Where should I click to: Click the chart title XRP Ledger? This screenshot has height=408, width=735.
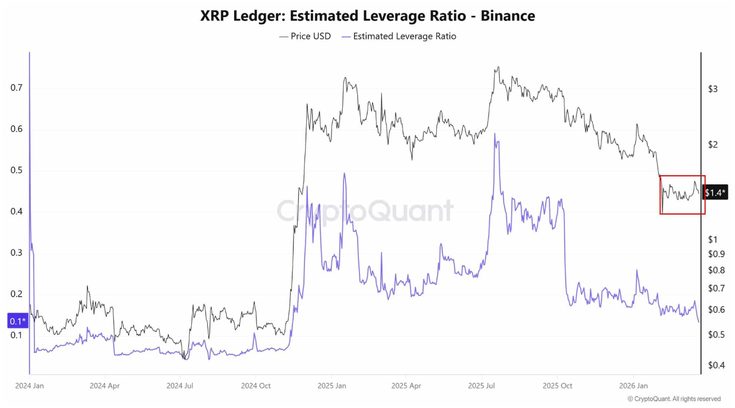(x=367, y=16)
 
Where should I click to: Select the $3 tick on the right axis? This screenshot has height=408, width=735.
(x=713, y=89)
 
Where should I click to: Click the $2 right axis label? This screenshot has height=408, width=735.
(x=713, y=145)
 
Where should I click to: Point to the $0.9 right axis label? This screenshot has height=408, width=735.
(x=717, y=254)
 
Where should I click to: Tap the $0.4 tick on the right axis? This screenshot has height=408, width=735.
(x=717, y=366)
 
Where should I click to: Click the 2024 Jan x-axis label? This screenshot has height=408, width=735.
(x=29, y=386)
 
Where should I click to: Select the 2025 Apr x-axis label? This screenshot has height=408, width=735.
(x=406, y=386)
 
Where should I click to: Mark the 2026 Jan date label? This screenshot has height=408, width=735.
(x=633, y=386)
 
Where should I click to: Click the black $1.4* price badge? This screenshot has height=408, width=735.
(x=716, y=193)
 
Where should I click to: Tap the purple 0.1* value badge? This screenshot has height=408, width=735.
(x=18, y=321)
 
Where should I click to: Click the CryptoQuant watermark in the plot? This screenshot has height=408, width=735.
(x=365, y=211)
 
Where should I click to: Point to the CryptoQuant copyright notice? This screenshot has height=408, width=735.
(x=674, y=398)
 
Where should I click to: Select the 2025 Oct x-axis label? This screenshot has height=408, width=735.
(x=558, y=386)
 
